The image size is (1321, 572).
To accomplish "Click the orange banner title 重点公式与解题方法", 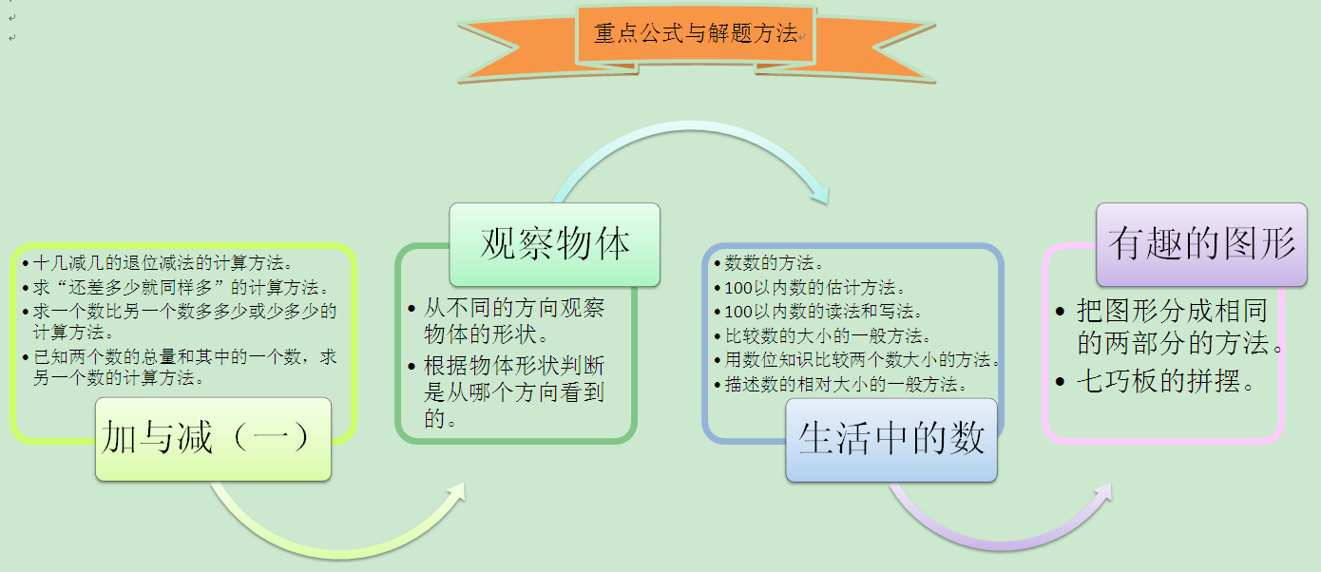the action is (696, 33).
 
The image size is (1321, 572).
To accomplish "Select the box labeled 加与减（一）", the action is (214, 439).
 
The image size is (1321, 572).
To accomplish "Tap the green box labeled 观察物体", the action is (554, 245).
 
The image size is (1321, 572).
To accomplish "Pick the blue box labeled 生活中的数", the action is (891, 440).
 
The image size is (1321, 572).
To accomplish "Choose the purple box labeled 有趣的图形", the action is (1202, 245).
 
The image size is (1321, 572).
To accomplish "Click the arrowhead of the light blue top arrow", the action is (820, 193).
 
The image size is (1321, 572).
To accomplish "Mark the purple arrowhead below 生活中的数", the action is (1101, 495).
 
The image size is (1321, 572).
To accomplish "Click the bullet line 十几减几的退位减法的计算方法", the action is (158, 263).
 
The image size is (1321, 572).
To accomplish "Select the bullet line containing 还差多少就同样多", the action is (176, 287).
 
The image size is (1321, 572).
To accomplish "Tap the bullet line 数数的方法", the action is (769, 263).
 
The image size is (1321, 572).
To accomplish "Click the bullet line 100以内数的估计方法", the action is (810, 288).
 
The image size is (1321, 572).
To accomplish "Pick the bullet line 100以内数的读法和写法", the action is (818, 312).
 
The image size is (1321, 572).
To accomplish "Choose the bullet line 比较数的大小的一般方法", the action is (823, 336).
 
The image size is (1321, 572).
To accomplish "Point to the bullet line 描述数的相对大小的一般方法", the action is (841, 385).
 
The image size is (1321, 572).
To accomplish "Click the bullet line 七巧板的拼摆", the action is (1157, 381).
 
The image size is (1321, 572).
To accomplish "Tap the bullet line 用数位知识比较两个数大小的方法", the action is (857, 360).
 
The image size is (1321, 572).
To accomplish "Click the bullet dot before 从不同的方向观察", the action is (412, 309).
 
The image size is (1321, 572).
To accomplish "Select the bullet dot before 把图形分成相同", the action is (1061, 312).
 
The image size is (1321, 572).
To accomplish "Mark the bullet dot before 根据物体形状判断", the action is (412, 366).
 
